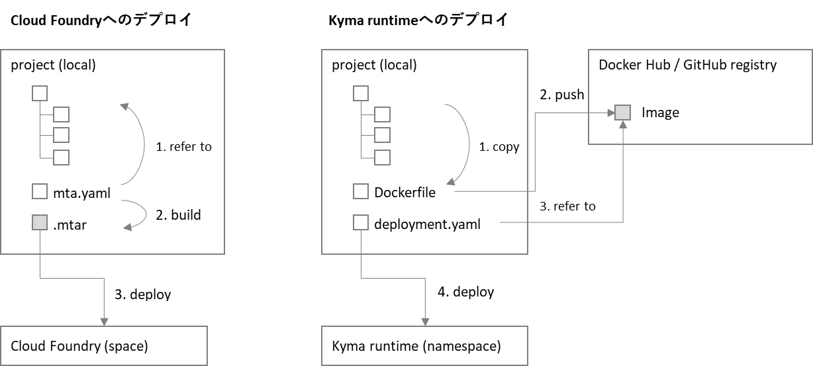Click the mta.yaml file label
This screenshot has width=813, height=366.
81,193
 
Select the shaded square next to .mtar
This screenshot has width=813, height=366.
40,222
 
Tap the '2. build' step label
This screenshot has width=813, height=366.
178,215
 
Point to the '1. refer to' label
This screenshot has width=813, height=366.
183,146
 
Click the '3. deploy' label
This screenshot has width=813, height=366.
142,295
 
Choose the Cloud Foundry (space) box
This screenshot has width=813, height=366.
104,345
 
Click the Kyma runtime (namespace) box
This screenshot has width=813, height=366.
424,345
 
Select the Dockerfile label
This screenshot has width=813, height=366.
405,192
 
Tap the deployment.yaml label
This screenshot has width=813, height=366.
427,224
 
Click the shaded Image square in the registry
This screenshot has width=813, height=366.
622,113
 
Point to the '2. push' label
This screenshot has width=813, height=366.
562,95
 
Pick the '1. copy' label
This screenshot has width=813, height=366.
499,147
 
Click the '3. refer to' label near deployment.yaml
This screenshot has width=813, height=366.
567,206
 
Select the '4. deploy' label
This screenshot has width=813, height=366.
465,292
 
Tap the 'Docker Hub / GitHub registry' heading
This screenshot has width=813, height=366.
687,65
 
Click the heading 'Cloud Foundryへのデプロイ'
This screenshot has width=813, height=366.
101,20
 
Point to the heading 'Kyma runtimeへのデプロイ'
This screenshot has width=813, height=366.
418,20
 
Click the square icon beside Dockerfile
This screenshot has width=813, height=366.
360,191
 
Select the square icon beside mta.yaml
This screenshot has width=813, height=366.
40,191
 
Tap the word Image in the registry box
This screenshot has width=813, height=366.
660,113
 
